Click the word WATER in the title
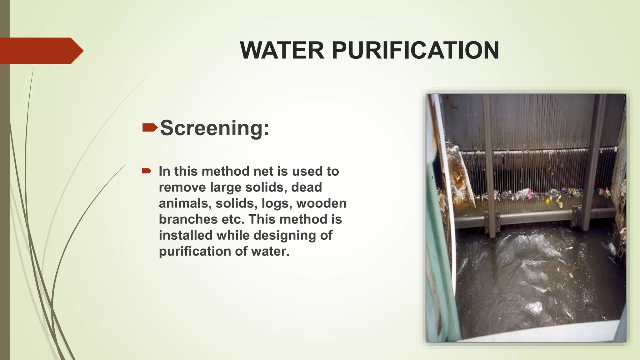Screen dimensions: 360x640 [x=282, y=50]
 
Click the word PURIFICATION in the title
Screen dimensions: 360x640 [x=415, y=50]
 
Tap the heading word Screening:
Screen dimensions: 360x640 [x=214, y=128]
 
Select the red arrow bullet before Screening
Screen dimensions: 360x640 [x=150, y=127]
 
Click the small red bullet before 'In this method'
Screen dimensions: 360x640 [x=146, y=171]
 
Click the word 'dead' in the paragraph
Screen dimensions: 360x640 [x=306, y=187]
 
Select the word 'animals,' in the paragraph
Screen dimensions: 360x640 [x=185, y=203]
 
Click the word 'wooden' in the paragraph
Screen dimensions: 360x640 [x=321, y=203]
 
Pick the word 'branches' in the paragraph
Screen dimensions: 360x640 [x=188, y=219]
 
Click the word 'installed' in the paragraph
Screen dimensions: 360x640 [x=186, y=235]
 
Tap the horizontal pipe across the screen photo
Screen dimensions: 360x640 [x=531, y=217]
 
